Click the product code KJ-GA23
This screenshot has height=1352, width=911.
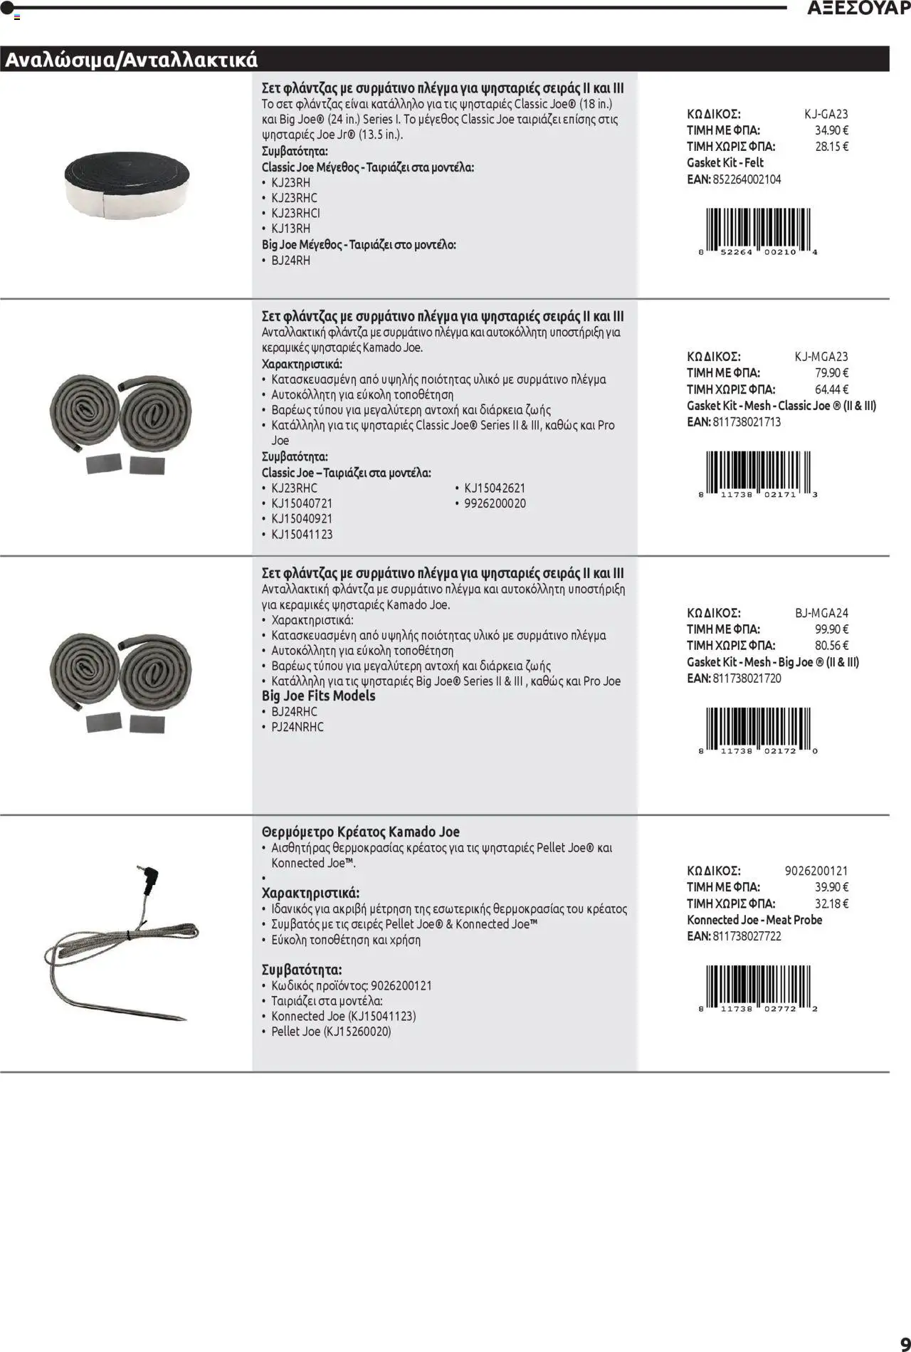826,114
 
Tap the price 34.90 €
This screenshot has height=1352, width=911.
831,130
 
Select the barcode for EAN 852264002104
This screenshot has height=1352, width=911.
758,231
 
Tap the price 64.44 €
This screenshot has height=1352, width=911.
831,389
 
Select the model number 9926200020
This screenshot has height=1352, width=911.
495,503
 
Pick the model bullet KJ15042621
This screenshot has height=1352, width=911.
495,488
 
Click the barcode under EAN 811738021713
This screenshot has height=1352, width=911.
758,473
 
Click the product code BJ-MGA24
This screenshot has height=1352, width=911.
821,613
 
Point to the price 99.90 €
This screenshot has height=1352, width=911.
831,629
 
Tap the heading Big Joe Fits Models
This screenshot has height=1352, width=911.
318,696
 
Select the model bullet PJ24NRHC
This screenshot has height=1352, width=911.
297,727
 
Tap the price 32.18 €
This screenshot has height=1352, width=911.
831,903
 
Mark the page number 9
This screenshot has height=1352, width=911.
905,1341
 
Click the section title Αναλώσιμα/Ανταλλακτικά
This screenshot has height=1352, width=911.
131,61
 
